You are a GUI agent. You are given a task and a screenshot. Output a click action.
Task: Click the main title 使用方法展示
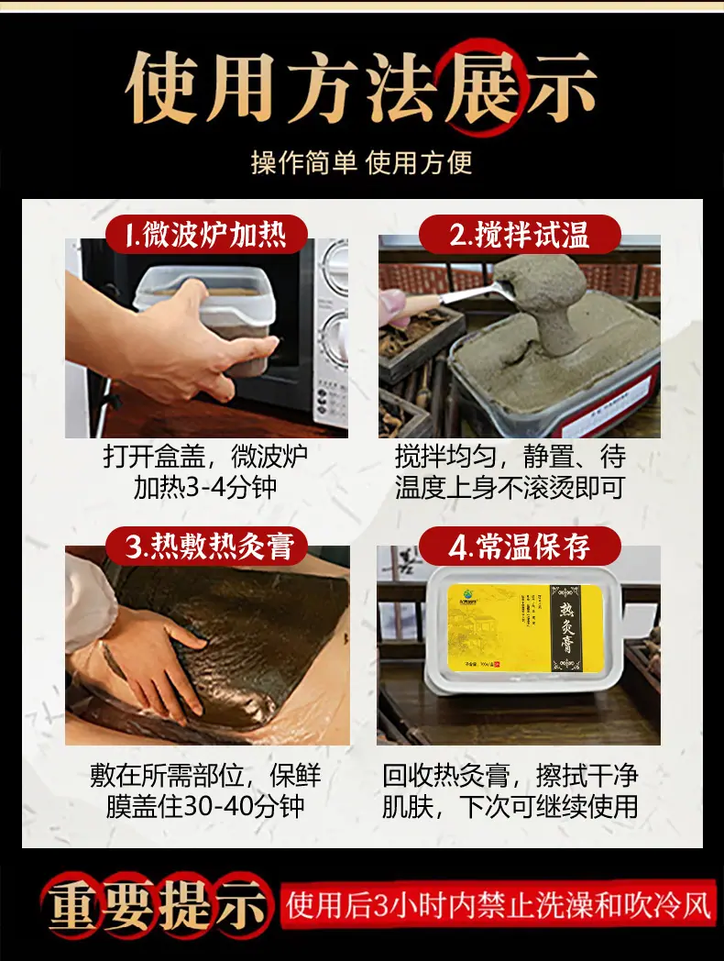click(361, 89)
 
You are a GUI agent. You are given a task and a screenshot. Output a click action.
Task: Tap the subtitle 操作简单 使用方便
click(361, 162)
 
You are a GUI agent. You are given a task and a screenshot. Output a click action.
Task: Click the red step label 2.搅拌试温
click(519, 235)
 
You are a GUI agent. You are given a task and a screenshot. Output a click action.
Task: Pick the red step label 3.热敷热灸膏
click(210, 547)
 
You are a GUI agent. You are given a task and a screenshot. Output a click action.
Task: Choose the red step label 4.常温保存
click(519, 547)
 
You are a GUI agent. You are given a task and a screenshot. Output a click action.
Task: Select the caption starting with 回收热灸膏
click(510, 790)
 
